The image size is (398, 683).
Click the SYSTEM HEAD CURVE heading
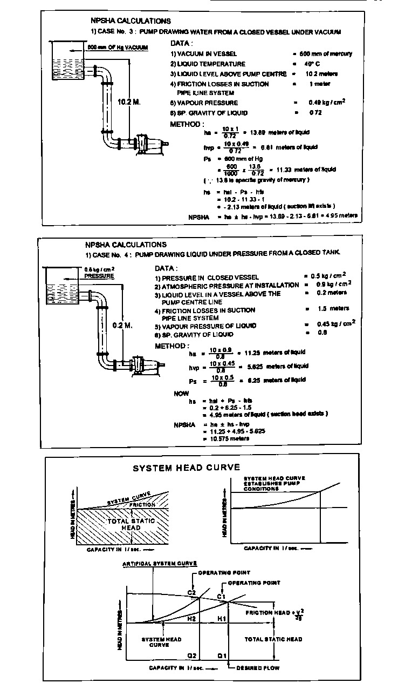coord(186,468)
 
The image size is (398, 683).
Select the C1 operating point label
coord(221,596)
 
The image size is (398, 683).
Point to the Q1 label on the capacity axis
coord(221,655)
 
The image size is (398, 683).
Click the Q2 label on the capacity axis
coord(191,655)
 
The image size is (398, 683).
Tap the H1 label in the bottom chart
coord(221,618)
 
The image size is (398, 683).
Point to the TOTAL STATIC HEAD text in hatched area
coord(132,524)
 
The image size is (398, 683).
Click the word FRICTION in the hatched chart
coord(142,504)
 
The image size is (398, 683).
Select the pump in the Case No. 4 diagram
coord(138,366)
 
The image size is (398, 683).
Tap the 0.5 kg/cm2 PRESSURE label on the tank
coord(100,272)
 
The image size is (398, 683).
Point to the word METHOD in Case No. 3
coord(186,123)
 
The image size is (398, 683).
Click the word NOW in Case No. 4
coord(181,394)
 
